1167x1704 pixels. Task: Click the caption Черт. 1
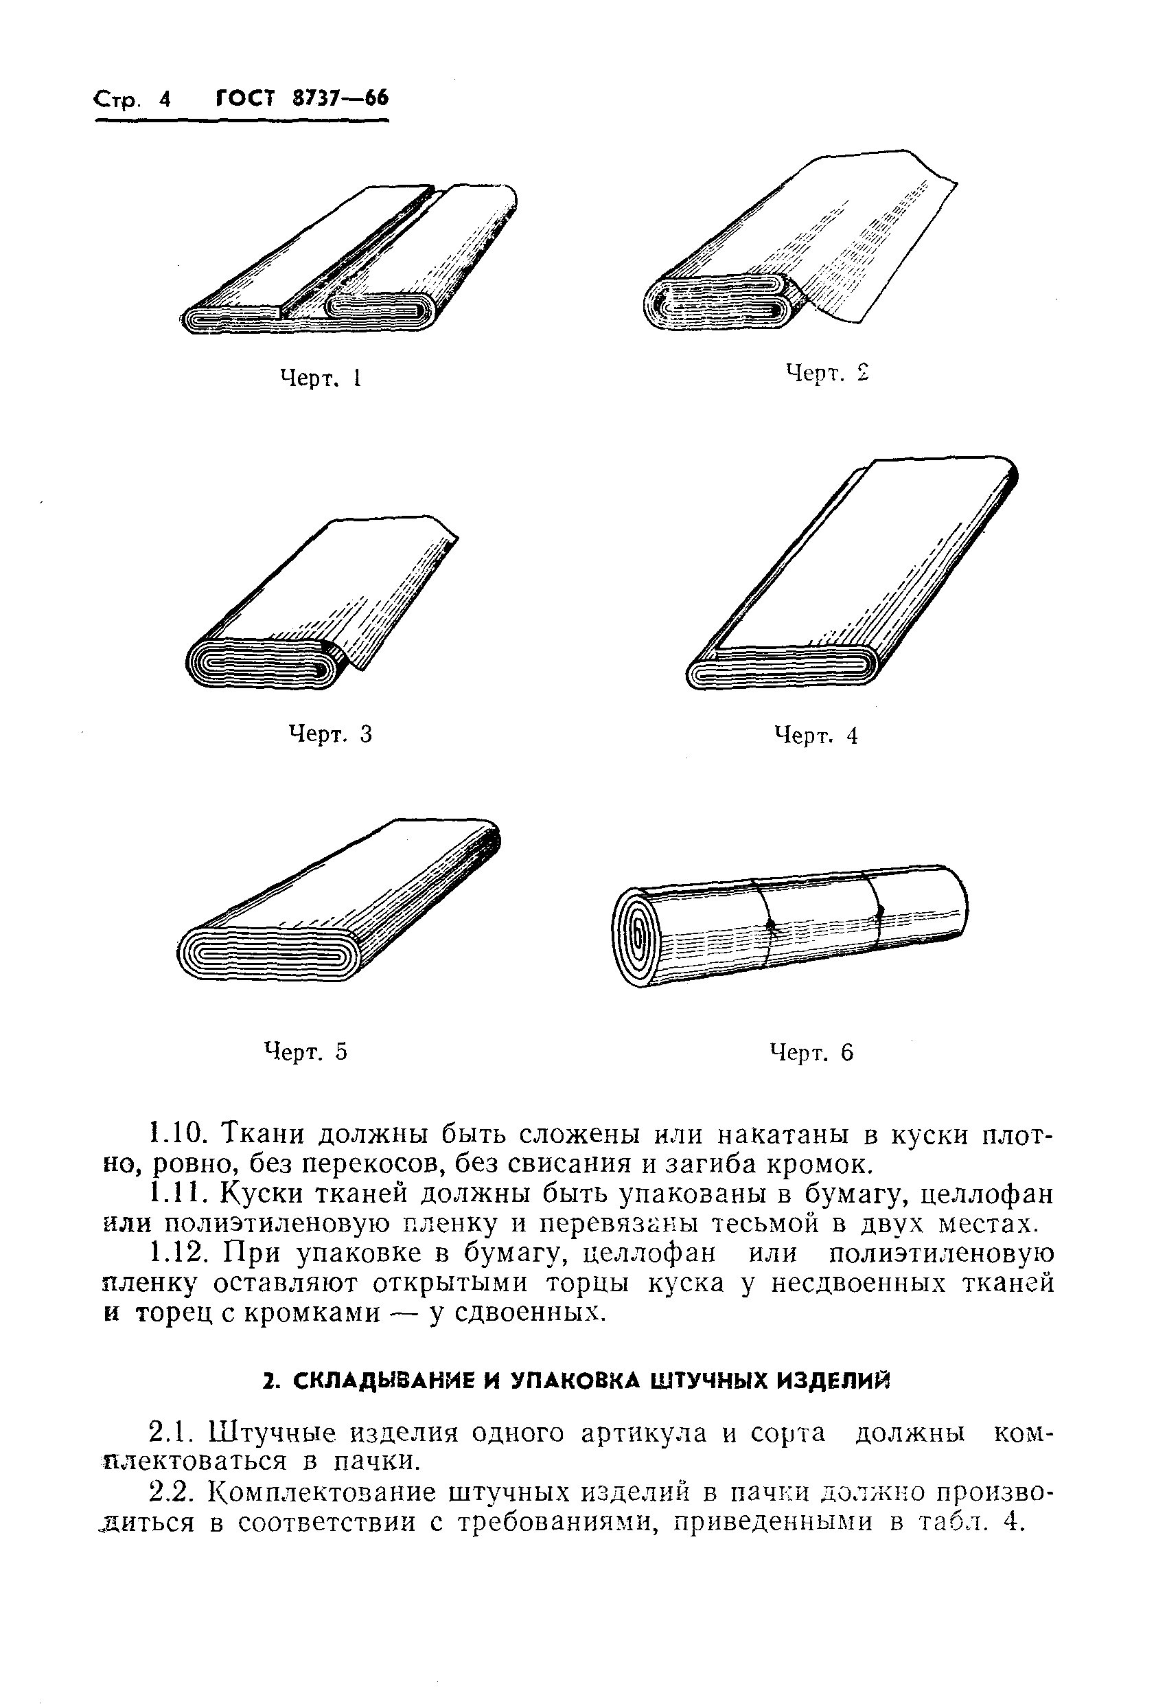[321, 378]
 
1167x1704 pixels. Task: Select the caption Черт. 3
[330, 734]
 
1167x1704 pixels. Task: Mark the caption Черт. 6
[812, 1053]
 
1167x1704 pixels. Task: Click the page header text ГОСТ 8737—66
[302, 98]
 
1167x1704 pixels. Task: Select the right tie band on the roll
[877, 909]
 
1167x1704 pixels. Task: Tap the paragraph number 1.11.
[176, 1194]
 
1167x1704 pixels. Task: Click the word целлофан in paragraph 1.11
[986, 1195]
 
